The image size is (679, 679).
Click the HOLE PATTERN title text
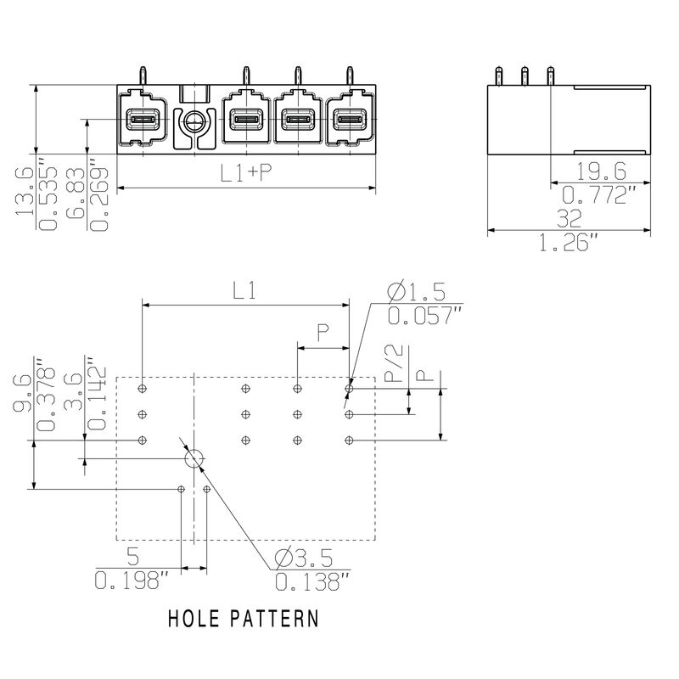pyautogui.click(x=243, y=617)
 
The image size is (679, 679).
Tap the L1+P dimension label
pyautogui.click(x=246, y=173)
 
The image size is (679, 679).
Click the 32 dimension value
pyautogui.click(x=570, y=219)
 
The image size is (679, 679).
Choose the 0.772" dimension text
pyautogui.click(x=600, y=194)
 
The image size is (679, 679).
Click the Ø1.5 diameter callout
pyautogui.click(x=416, y=292)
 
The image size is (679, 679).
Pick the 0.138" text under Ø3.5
pyautogui.click(x=312, y=582)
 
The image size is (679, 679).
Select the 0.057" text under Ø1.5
pyautogui.click(x=425, y=316)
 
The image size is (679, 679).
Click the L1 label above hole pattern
pyautogui.click(x=245, y=292)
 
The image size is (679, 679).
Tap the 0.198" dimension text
pyautogui.click(x=132, y=581)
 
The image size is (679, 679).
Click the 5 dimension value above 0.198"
pyautogui.click(x=132, y=558)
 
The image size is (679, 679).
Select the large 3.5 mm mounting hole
pyautogui.click(x=194, y=459)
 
